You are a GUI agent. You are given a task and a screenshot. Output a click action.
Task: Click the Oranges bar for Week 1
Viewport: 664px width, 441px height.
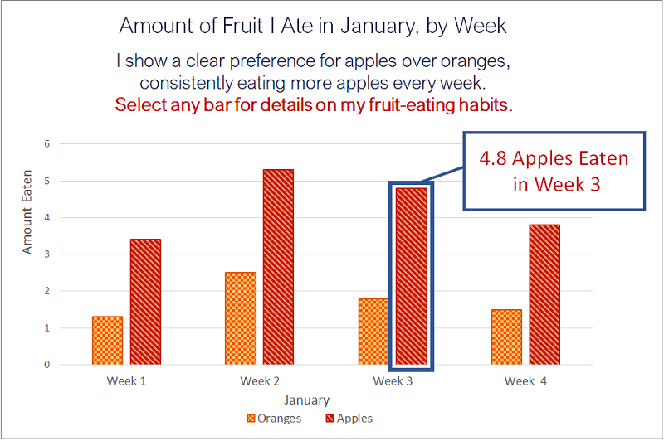(x=107, y=340)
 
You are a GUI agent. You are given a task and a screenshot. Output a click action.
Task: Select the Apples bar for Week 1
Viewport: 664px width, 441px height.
(x=145, y=302)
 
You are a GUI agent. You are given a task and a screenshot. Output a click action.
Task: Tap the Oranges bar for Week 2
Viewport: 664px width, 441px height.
(x=240, y=318)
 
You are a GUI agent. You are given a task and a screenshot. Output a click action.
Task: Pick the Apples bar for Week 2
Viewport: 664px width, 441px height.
(x=278, y=267)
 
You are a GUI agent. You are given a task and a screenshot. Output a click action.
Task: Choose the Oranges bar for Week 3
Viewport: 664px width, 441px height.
(x=373, y=331)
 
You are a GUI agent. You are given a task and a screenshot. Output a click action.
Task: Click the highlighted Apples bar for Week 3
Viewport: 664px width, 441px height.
(x=411, y=276)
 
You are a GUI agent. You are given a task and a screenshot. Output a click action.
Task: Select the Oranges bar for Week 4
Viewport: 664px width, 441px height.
(x=506, y=337)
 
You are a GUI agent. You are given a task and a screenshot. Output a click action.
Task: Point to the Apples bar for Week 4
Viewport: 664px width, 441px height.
(x=544, y=294)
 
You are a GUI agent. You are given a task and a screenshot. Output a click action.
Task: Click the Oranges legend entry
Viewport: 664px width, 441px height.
(x=274, y=419)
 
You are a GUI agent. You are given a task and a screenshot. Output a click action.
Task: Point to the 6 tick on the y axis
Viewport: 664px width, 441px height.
(x=47, y=143)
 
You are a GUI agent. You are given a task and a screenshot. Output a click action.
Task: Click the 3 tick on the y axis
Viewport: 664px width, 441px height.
(x=47, y=254)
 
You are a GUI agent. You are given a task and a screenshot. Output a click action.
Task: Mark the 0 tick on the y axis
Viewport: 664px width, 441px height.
(x=47, y=365)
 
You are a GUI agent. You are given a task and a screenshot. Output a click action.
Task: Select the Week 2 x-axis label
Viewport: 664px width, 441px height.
(x=260, y=381)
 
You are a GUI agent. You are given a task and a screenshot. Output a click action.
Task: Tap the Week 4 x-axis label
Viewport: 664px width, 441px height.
(x=525, y=381)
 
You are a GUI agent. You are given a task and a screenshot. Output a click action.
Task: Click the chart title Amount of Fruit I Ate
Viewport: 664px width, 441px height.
(x=313, y=26)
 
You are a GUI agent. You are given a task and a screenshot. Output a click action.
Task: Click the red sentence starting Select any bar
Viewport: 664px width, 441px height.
(x=313, y=105)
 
